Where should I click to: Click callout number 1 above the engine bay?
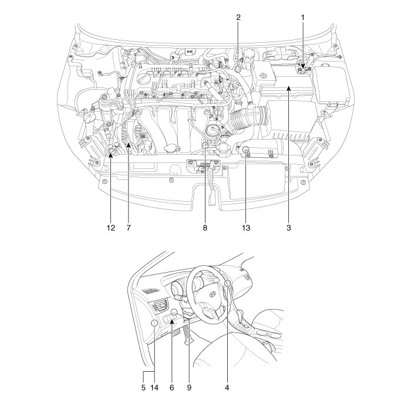coord(303,18)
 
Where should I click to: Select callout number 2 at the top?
coord(238,18)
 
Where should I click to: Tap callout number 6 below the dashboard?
coord(171,388)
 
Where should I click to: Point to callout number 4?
coord(227,388)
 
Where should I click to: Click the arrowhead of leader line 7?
coord(128,151)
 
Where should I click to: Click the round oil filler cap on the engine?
coord(213,130)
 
